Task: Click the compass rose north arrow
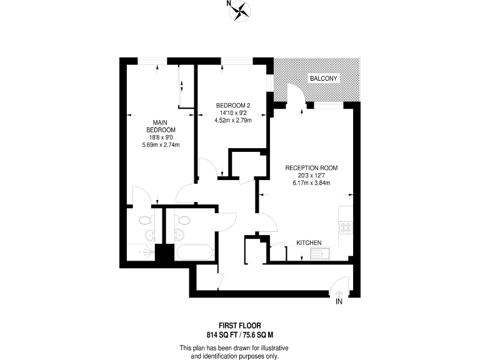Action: point(241,9)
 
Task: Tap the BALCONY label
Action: point(323,78)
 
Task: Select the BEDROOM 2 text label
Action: point(233,105)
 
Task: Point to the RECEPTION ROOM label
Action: point(311,167)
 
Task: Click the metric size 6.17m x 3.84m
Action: point(311,182)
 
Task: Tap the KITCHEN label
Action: point(309,242)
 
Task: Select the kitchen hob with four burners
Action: point(346,227)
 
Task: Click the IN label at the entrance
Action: point(339,302)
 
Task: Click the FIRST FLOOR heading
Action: point(240,324)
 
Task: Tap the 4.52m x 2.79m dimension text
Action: point(233,120)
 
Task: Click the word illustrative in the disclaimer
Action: point(273,347)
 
